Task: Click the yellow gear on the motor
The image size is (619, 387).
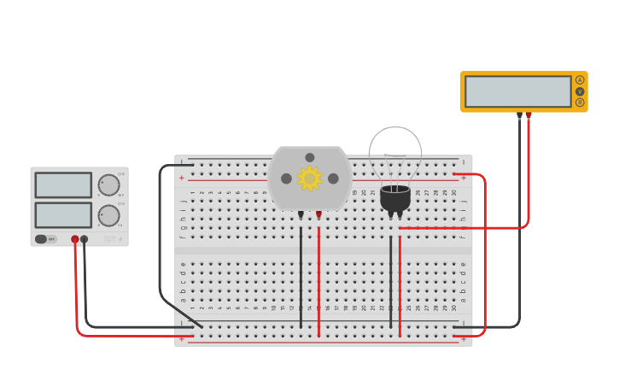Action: [308, 179]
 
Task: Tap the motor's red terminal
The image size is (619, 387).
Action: [318, 214]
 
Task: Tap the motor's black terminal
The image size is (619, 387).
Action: [301, 214]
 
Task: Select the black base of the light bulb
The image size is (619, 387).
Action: [394, 198]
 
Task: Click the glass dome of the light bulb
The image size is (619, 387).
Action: [394, 152]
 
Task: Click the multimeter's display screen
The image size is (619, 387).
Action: [518, 91]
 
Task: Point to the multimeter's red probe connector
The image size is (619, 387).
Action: [528, 114]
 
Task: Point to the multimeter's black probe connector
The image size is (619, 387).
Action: [519, 114]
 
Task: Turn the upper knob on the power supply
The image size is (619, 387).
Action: [108, 185]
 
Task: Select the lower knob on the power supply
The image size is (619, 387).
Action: [108, 215]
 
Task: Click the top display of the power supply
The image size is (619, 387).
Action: [63, 185]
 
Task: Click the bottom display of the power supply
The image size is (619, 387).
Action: [63, 214]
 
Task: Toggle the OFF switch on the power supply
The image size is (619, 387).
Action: [42, 239]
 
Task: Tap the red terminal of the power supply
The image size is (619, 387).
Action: [75, 239]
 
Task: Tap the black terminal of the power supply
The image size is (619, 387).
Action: [84, 239]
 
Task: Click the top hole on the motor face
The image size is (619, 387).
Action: [310, 157]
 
